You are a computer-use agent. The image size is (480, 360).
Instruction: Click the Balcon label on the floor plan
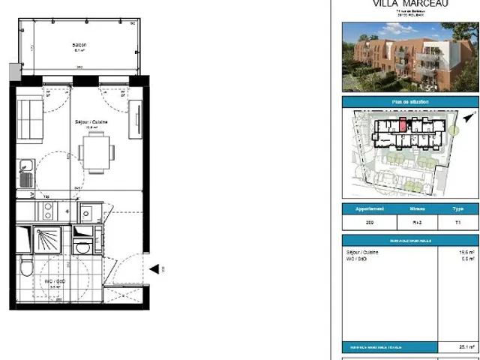[x=79, y=45]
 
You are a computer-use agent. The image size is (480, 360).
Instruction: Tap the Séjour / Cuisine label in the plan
[x=91, y=121]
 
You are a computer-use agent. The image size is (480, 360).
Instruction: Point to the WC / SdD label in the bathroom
[x=55, y=280]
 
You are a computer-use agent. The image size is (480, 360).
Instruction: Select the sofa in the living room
[x=31, y=119]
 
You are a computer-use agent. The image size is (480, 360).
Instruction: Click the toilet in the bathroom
[x=26, y=265]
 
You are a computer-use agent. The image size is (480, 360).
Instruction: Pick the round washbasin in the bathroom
[x=83, y=247]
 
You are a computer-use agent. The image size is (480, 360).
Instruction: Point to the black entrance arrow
[x=154, y=268]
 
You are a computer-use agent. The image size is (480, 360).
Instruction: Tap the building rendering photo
[x=410, y=56]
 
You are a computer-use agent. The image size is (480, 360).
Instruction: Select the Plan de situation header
[x=410, y=103]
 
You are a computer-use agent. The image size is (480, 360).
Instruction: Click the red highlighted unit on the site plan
[x=403, y=124]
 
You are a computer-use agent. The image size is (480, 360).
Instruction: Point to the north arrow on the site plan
[x=469, y=118]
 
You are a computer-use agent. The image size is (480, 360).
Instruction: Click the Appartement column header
[x=369, y=209]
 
